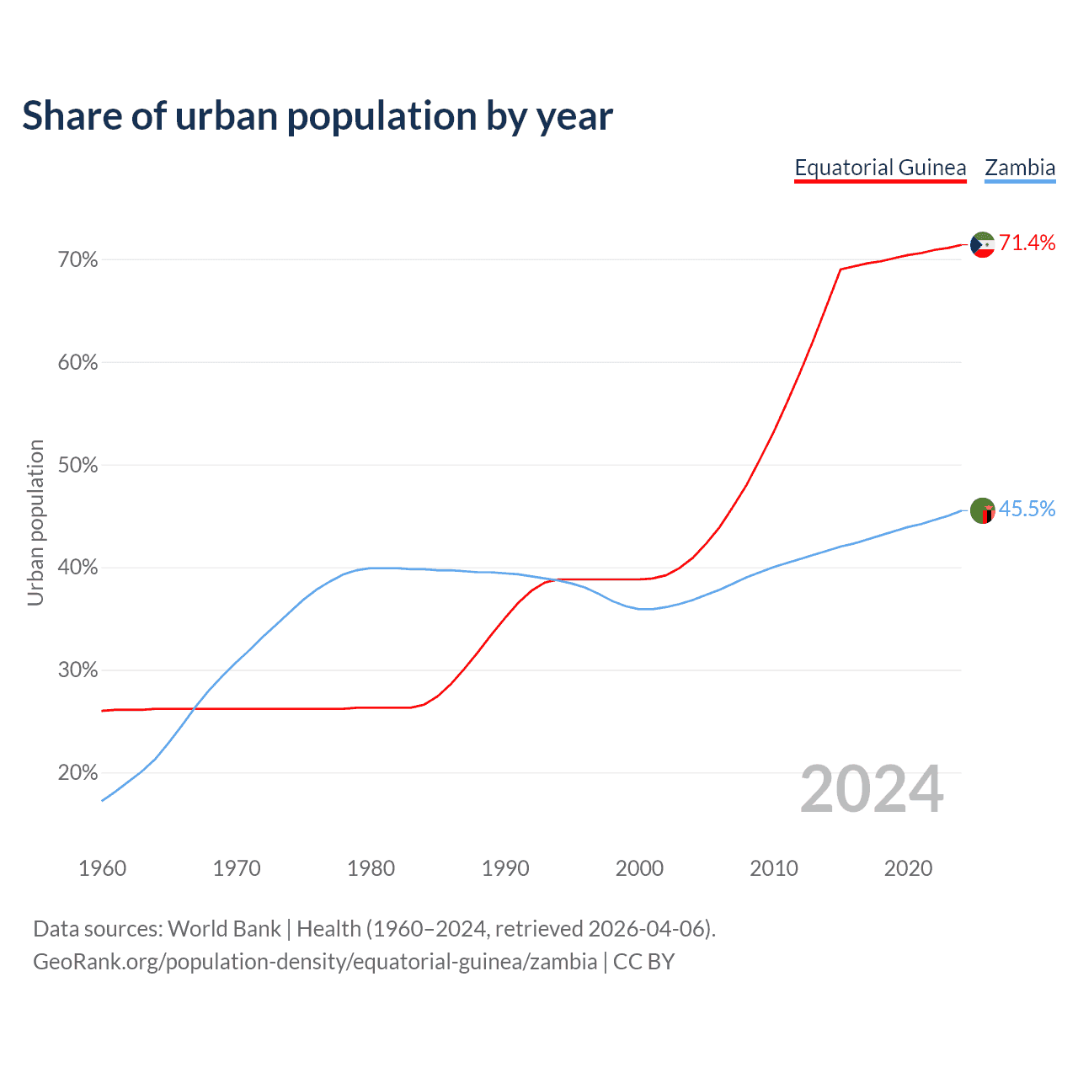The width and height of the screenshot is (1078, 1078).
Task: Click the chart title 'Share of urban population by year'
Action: tap(318, 116)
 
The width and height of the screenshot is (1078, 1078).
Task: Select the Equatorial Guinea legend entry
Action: tap(880, 168)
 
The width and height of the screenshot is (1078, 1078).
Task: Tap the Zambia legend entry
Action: tap(1020, 168)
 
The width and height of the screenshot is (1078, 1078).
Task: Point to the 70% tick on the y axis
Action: tap(77, 260)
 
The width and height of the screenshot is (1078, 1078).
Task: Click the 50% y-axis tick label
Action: tap(77, 466)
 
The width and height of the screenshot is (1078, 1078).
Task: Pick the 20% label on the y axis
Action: tap(77, 773)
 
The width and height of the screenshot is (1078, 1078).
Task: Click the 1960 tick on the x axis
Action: tap(102, 868)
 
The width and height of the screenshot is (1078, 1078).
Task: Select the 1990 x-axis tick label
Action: tap(505, 868)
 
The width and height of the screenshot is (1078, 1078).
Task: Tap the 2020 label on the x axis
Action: tap(908, 868)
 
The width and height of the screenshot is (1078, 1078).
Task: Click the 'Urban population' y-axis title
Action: tap(35, 522)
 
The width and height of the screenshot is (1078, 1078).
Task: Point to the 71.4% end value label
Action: tap(1027, 243)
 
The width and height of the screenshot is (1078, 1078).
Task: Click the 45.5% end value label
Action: tap(1027, 509)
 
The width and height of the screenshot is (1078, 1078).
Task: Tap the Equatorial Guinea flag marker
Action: tap(983, 245)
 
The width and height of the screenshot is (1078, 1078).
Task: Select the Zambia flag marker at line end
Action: tap(983, 510)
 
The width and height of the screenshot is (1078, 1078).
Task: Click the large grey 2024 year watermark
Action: tap(872, 789)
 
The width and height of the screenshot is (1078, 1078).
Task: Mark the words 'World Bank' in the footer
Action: tap(224, 929)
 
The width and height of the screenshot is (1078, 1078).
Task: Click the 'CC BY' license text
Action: tap(643, 962)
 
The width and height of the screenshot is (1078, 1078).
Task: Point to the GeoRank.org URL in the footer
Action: tap(315, 962)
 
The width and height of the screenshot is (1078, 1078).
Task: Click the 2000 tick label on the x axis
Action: tap(639, 868)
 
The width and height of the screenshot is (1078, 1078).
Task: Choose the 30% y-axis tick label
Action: tap(77, 670)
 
